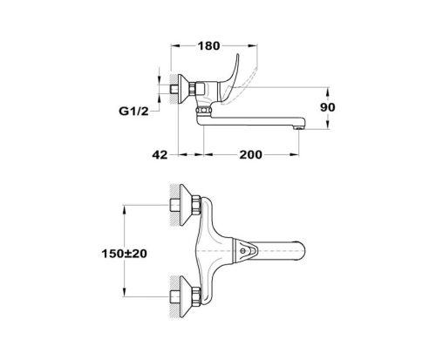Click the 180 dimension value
pos(208,46)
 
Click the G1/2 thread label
pos(133,111)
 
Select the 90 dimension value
pos(328,107)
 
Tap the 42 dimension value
pos(160,154)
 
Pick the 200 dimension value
pos(250,154)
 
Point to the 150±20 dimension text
pos(124,254)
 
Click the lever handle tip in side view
pos(238,54)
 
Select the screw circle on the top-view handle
pos(242,250)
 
